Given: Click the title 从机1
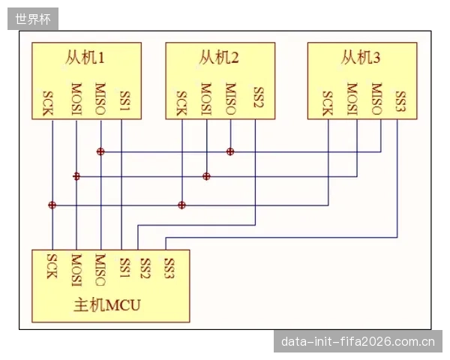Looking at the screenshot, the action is [x=85, y=58].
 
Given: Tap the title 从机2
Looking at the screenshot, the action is [x=219, y=58].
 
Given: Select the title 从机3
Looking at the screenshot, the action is [x=361, y=58].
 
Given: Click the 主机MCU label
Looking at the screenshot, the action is [x=107, y=305].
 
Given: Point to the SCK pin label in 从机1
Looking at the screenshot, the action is [x=48, y=103].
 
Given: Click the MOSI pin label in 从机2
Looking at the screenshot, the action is [x=206, y=99].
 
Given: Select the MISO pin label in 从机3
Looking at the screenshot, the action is [x=376, y=99].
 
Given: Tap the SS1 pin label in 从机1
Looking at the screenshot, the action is [x=125, y=100].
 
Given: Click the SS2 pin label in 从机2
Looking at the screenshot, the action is [x=259, y=97].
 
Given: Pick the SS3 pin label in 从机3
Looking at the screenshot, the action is [x=400, y=101].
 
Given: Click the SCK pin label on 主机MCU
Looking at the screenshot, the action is [x=52, y=266].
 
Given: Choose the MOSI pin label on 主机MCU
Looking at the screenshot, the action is [x=76, y=270].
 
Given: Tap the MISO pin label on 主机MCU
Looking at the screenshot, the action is [x=100, y=270].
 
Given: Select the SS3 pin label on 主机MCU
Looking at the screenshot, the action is [x=169, y=268].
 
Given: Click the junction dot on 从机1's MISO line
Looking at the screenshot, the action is [x=100, y=151].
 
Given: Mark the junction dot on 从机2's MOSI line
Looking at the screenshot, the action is [x=206, y=176].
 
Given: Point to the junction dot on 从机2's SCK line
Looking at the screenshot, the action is [x=181, y=205].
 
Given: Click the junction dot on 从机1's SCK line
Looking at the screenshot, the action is [x=52, y=205].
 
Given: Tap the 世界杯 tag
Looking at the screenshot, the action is [x=33, y=19].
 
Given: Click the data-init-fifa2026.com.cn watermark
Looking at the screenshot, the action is [x=358, y=342].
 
